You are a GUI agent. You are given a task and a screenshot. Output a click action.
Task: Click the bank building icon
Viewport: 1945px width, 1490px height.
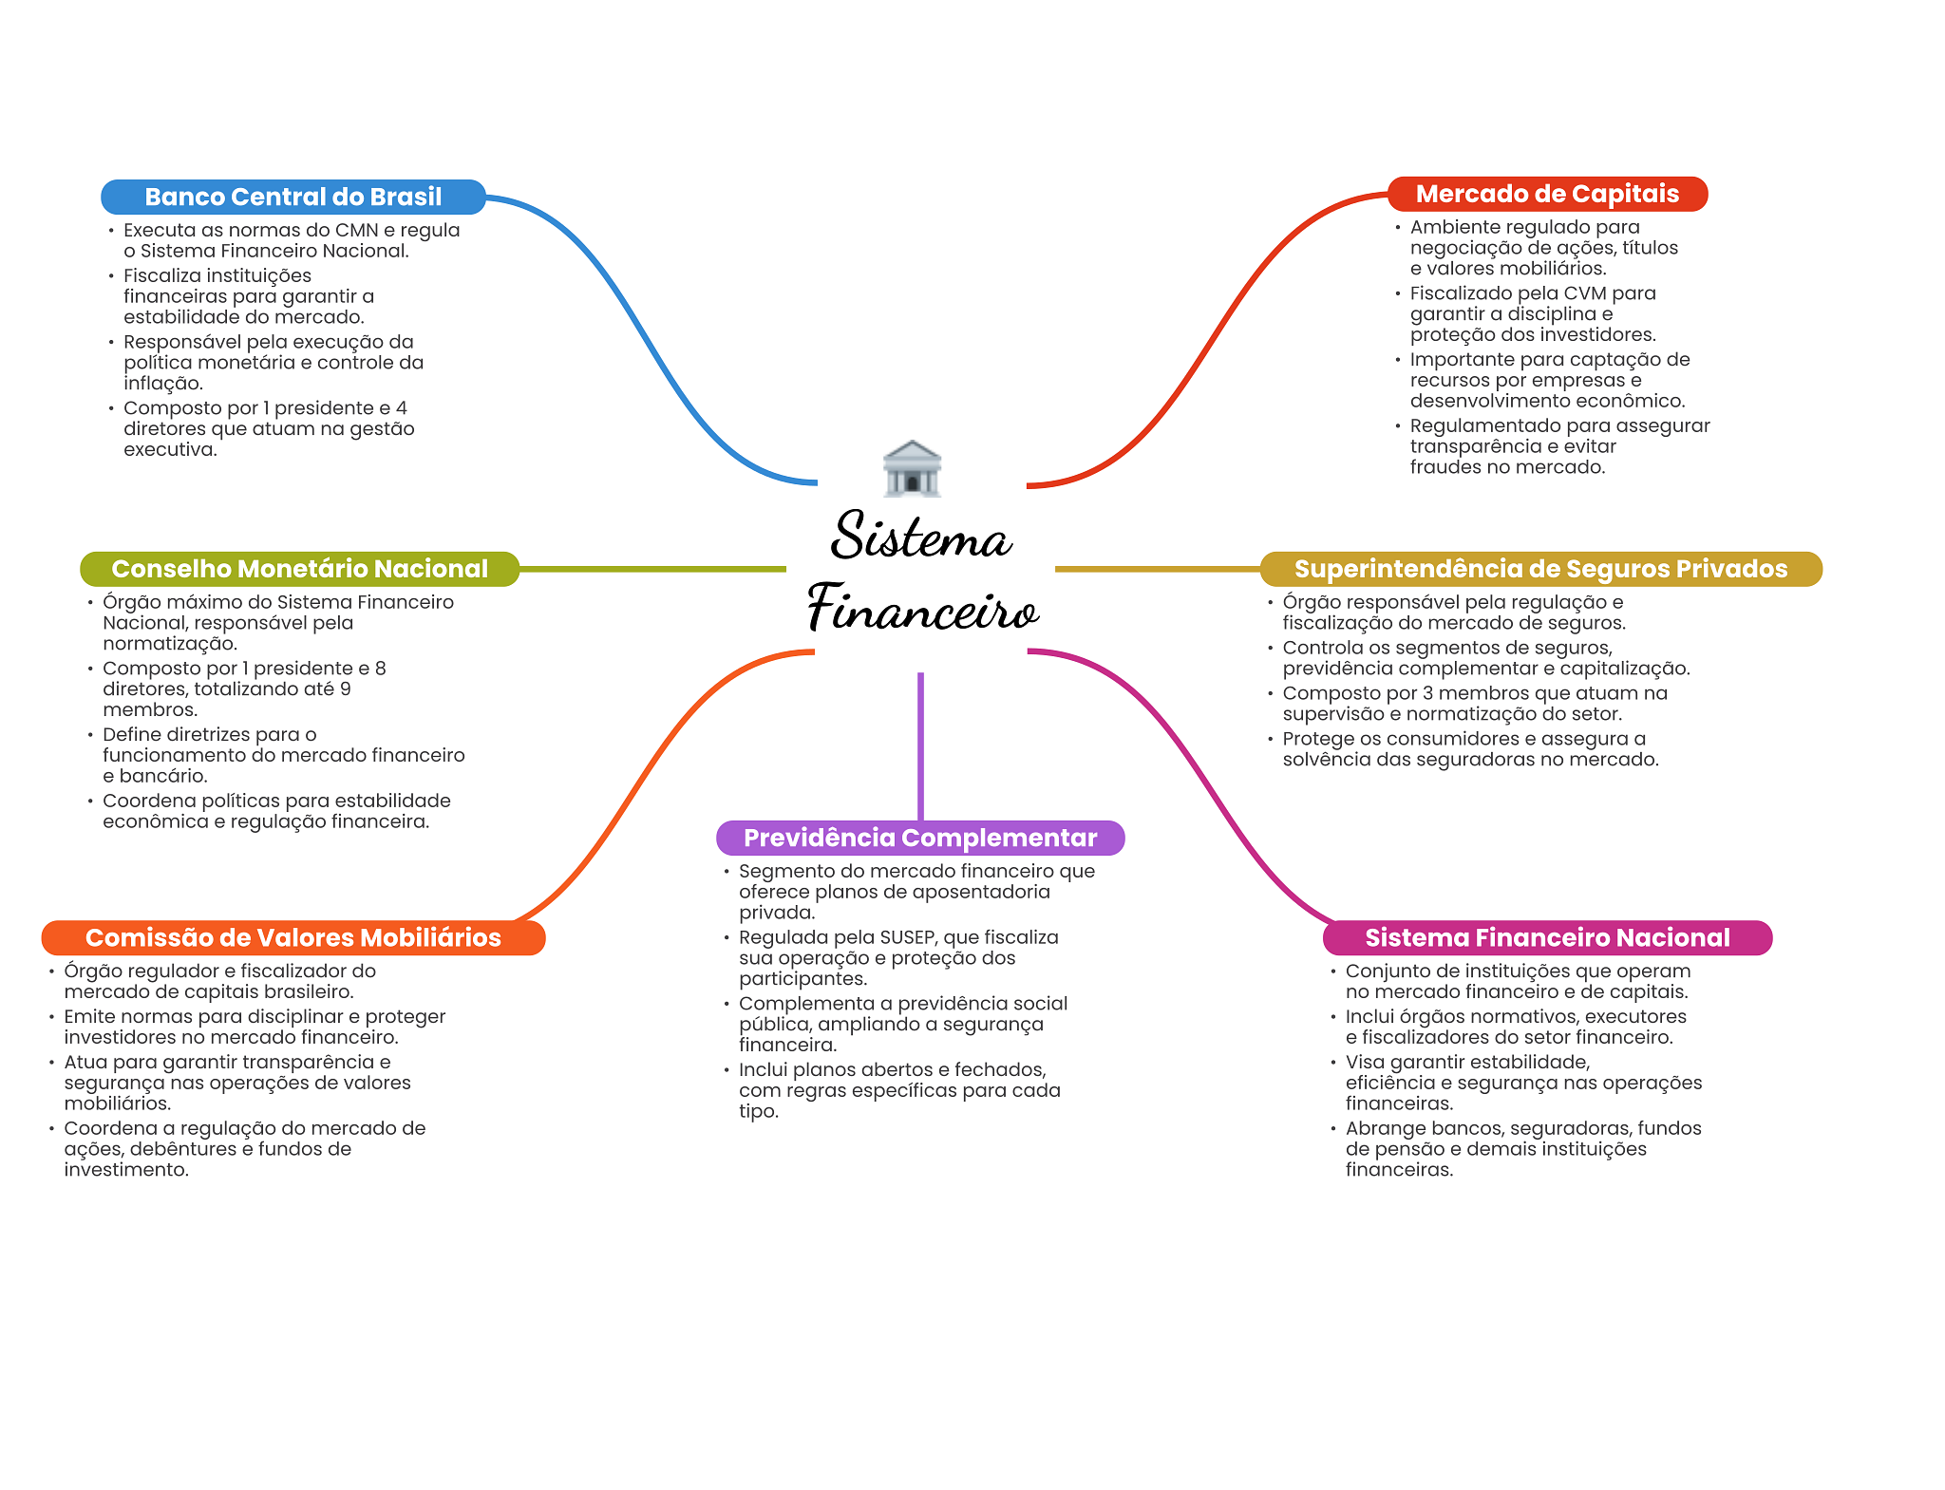912,468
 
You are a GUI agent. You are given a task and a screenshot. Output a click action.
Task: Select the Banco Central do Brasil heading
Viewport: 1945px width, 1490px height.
293,197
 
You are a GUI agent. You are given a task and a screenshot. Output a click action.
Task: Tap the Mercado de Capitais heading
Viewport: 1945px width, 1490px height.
1547,194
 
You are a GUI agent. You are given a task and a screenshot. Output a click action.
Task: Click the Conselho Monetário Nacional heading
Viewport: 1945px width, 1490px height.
299,569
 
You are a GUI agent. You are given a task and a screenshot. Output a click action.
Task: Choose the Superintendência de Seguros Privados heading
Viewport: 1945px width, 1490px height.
1540,569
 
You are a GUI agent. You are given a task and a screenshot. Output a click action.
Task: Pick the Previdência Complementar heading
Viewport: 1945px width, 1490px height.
920,838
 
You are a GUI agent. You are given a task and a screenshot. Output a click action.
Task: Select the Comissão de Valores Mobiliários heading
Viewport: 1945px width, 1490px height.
293,937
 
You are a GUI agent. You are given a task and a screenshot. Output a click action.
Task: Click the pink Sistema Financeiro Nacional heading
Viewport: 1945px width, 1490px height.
1547,937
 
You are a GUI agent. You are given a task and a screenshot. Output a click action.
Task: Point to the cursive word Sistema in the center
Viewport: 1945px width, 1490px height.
921,537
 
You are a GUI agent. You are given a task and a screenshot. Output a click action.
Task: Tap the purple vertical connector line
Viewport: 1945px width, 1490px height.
920,745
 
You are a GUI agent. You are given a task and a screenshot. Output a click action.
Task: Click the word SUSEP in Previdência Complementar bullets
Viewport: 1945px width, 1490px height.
908,937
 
